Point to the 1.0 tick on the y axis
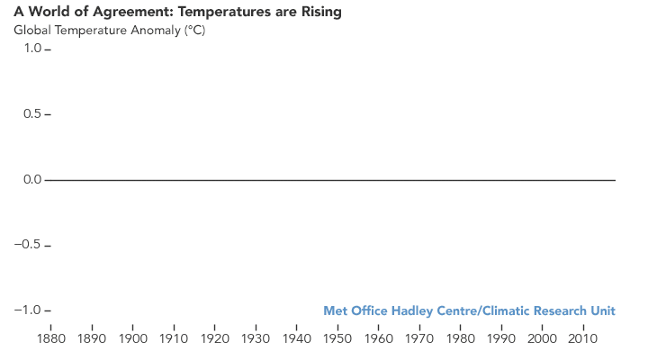(31, 49)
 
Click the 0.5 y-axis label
(31, 114)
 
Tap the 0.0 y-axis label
(31, 180)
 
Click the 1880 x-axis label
(51, 339)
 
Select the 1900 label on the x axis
(133, 339)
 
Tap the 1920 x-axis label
(215, 339)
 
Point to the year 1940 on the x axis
(297, 339)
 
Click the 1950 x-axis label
(337, 339)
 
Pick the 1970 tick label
(419, 339)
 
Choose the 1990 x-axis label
(501, 339)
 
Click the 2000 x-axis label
(542, 339)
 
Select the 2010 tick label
(583, 339)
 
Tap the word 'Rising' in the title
(319, 13)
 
